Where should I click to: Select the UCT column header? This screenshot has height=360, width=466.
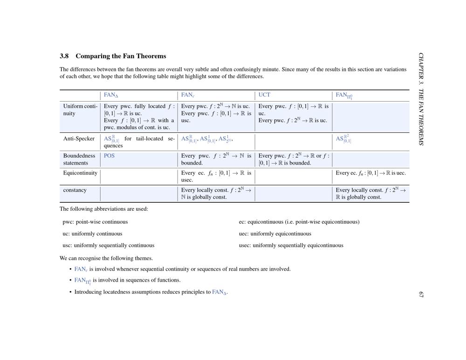click(264, 95)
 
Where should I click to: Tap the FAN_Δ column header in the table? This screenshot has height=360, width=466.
click(111, 96)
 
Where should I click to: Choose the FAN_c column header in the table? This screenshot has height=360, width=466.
click(188, 96)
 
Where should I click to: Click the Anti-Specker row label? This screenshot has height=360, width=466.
click(79, 138)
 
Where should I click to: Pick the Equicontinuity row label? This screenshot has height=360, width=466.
click(80, 173)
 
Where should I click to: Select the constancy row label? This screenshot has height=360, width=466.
click(75, 190)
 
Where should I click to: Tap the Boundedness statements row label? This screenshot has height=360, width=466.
click(79, 159)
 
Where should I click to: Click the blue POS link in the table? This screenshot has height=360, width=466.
click(109, 156)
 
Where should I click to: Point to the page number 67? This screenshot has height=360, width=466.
click(421, 295)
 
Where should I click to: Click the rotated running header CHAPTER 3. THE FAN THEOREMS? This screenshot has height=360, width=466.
click(421, 99)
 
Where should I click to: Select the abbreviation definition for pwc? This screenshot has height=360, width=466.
click(95, 222)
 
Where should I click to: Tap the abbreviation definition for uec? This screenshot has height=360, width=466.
click(275, 234)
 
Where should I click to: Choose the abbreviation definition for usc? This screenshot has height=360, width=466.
click(108, 245)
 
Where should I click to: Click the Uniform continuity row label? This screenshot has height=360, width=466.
click(80, 110)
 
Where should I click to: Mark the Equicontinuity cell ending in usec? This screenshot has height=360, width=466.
click(216, 176)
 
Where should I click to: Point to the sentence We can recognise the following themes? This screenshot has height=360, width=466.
click(106, 258)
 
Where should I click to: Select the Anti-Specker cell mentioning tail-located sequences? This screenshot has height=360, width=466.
click(139, 142)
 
